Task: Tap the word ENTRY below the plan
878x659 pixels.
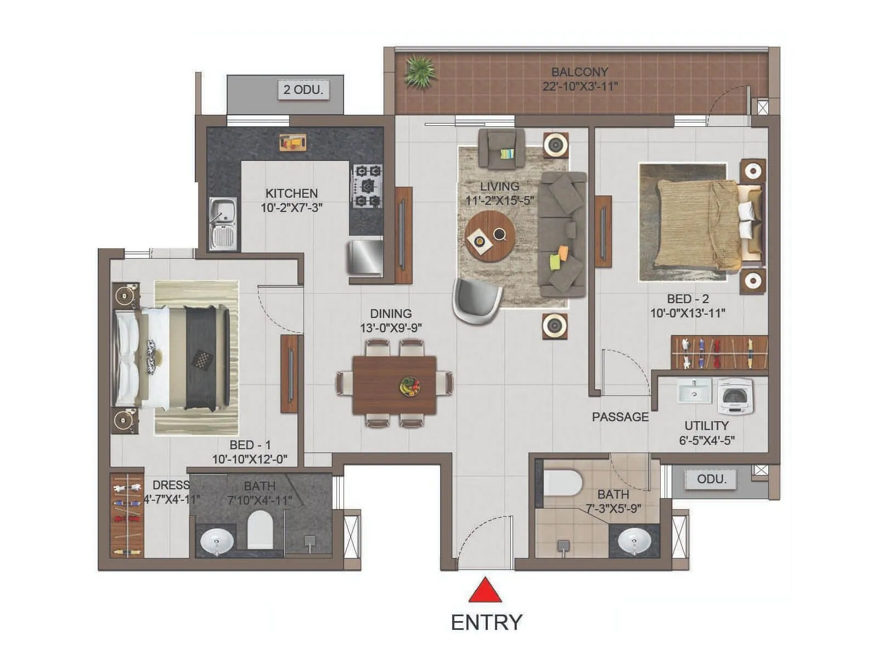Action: (x=486, y=623)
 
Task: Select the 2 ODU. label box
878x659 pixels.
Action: (x=303, y=90)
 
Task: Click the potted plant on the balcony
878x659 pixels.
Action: (x=420, y=72)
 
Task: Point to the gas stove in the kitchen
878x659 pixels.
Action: (x=367, y=186)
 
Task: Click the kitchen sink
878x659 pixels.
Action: (x=223, y=224)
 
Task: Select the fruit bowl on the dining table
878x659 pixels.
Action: (x=410, y=386)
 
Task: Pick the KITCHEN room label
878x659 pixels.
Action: (x=291, y=194)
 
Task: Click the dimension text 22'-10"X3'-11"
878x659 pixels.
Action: (x=580, y=87)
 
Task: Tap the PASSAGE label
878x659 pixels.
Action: (x=620, y=417)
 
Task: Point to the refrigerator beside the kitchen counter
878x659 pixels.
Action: (x=365, y=256)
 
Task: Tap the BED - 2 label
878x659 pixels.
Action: (x=688, y=299)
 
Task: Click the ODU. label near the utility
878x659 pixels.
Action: (x=711, y=479)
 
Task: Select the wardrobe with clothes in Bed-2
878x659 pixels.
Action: (x=719, y=353)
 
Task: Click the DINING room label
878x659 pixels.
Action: (x=391, y=314)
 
